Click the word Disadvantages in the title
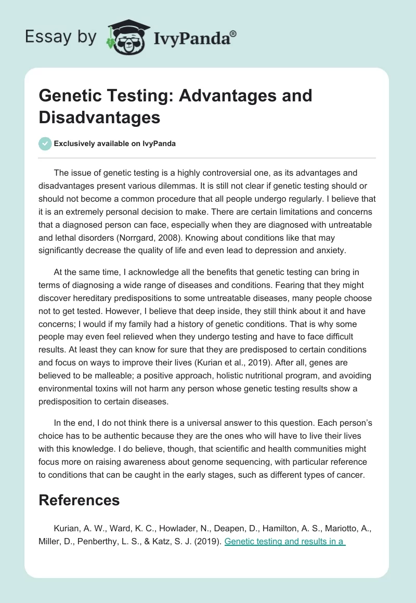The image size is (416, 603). (x=99, y=117)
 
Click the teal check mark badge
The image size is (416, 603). (x=45, y=143)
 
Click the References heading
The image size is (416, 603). (x=79, y=500)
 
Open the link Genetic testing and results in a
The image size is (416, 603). (x=285, y=541)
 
